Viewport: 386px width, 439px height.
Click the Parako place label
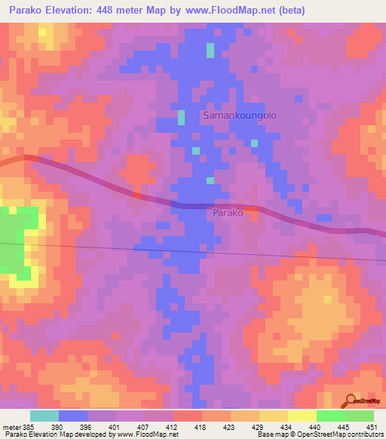[227, 213]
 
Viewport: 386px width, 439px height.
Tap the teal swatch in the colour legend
[44, 416]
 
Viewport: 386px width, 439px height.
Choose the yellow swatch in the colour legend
[302, 416]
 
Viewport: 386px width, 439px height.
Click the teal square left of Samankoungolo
[181, 118]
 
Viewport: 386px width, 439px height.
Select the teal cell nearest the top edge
[210, 50]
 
